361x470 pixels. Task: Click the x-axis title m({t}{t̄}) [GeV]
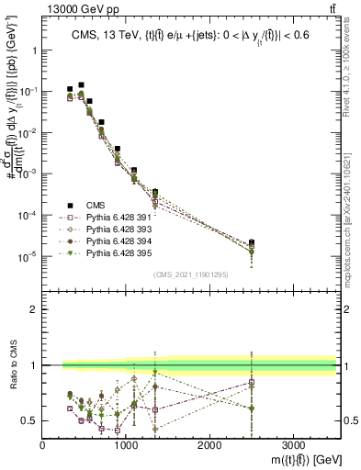tap(294, 457)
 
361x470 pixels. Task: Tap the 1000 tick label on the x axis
tap(126, 443)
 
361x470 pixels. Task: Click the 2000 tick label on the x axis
tap(209, 443)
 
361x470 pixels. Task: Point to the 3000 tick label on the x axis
tap(293, 443)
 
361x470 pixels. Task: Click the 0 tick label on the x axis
tap(43, 443)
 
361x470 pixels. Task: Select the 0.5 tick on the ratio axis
tap(29, 420)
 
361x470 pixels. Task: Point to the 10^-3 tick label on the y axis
tap(26, 173)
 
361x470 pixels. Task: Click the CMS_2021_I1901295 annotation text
tap(190, 274)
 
